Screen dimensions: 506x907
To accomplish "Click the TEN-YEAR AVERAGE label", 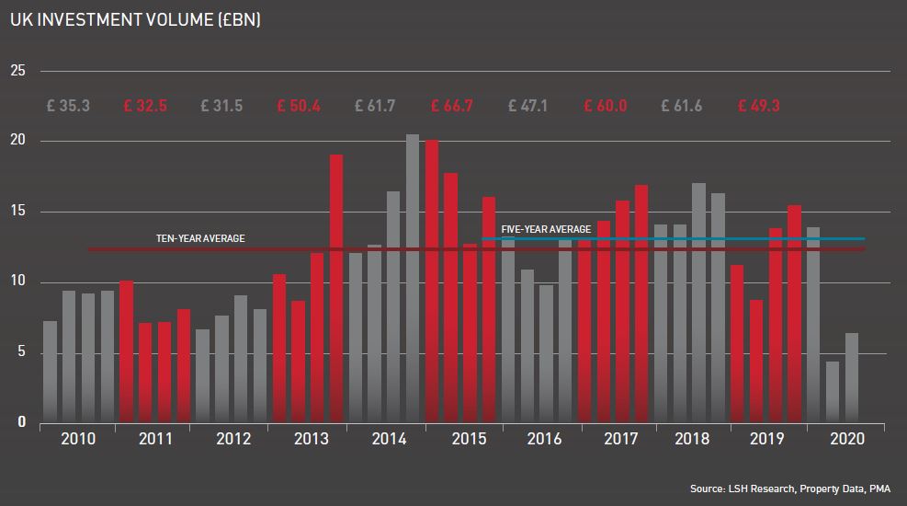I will [200, 238].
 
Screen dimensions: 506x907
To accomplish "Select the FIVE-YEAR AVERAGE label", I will [546, 229].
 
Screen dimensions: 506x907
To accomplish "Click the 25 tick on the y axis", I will [18, 72].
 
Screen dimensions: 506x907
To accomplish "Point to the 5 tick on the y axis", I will [21, 353].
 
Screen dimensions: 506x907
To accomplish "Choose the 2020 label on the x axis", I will [845, 440].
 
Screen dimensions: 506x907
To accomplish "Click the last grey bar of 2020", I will [852, 377].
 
